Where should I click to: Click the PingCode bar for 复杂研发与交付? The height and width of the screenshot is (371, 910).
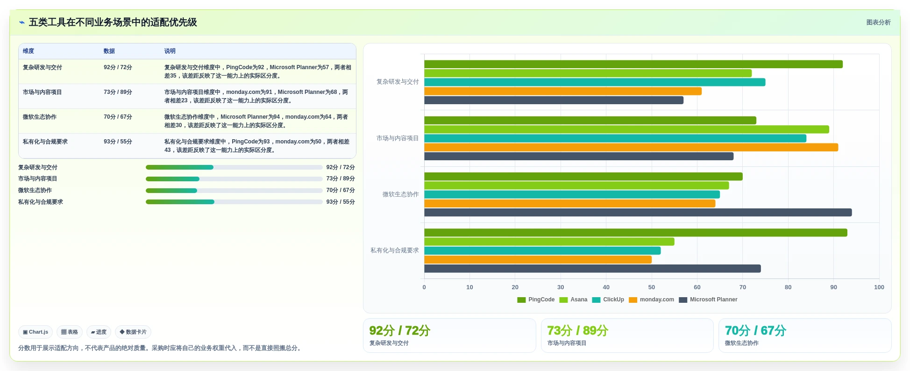pyautogui.click(x=633, y=64)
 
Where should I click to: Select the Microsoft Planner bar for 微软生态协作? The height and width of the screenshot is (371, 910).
pyautogui.click(x=638, y=213)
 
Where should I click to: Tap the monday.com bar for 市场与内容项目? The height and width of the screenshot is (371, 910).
pyautogui.click(x=631, y=148)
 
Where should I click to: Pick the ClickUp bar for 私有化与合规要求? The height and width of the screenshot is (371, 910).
pyautogui.click(x=542, y=251)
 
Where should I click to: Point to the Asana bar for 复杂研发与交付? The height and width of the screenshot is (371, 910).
pyautogui.click(x=588, y=73)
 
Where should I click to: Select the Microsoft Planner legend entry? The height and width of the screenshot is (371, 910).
pyautogui.click(x=708, y=300)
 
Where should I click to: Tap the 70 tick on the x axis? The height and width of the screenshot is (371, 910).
pyautogui.click(x=742, y=287)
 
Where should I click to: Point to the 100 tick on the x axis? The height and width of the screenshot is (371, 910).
pyautogui.click(x=879, y=287)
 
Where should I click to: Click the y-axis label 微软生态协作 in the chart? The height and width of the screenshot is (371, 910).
pyautogui.click(x=400, y=194)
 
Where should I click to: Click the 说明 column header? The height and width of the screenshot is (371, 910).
pyautogui.click(x=170, y=51)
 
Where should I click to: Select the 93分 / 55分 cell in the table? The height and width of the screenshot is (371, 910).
pyautogui.click(x=118, y=142)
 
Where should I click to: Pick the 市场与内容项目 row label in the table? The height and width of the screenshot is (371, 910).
pyautogui.click(x=42, y=92)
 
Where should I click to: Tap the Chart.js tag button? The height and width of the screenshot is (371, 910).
pyautogui.click(x=36, y=332)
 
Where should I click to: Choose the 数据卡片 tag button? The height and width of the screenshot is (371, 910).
pyautogui.click(x=133, y=332)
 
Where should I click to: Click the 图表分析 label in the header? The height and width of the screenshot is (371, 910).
pyautogui.click(x=878, y=22)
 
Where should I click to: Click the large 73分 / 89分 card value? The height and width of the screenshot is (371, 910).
pyautogui.click(x=577, y=331)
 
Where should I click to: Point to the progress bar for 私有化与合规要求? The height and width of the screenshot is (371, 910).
pyautogui.click(x=234, y=202)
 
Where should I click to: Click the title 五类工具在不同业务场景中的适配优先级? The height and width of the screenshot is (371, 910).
pyautogui.click(x=113, y=22)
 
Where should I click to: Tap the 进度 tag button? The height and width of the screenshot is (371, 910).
pyautogui.click(x=99, y=332)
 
